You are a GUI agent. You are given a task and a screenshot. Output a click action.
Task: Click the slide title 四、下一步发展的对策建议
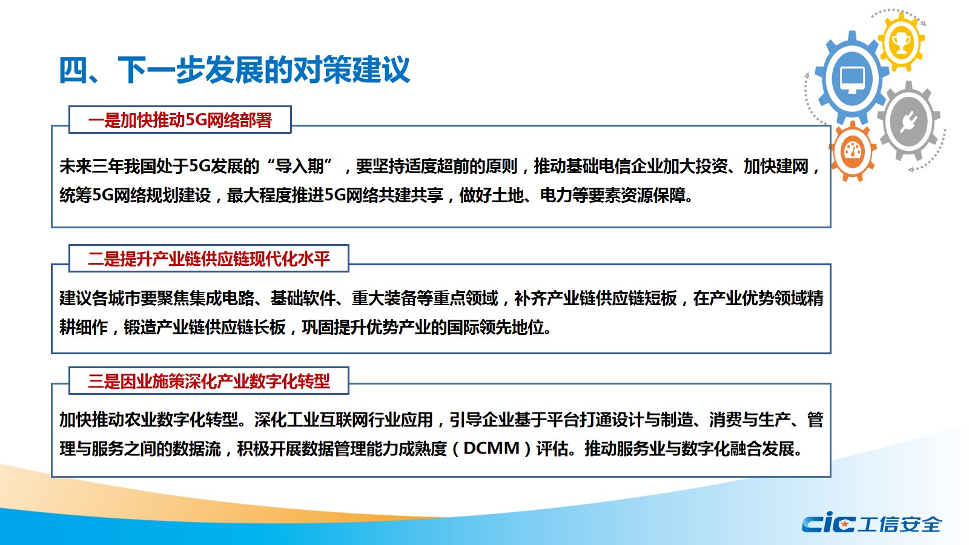(234, 70)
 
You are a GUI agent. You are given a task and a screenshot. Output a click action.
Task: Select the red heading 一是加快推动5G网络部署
(180, 120)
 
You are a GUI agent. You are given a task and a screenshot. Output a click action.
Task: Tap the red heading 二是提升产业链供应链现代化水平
(209, 259)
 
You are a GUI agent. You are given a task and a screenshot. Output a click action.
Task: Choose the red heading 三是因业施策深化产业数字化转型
(209, 381)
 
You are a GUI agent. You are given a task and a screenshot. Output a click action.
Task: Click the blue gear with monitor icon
(851, 78)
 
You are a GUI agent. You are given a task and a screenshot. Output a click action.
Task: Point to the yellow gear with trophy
(902, 42)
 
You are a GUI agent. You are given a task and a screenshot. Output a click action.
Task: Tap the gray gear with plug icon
(909, 121)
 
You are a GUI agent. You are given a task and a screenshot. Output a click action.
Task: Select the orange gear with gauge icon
(853, 151)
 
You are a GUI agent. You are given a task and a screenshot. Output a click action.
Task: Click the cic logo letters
(828, 523)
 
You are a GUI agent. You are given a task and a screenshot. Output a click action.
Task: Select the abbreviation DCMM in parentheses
(491, 449)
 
